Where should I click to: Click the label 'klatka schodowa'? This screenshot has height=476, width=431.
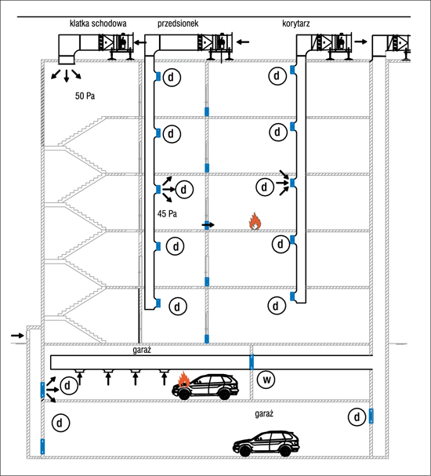click(98, 24)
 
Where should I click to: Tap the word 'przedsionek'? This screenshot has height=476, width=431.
click(178, 24)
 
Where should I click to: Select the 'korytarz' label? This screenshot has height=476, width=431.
click(296, 24)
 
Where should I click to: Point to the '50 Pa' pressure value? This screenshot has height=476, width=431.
click(85, 96)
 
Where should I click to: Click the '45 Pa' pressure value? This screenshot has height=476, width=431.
click(167, 214)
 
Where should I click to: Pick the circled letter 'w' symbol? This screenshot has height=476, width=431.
click(266, 380)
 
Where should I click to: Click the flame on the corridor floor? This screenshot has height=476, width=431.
click(255, 220)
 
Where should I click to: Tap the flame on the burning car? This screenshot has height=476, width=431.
click(184, 380)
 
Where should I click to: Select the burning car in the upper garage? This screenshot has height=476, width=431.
click(205, 387)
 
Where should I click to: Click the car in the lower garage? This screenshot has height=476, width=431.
click(266, 444)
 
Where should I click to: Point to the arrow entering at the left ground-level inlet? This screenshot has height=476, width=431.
click(17, 336)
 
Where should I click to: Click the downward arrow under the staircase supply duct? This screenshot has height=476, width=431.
click(67, 76)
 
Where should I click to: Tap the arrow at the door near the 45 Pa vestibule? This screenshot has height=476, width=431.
click(208, 225)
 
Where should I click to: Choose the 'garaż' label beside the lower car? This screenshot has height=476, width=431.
click(264, 414)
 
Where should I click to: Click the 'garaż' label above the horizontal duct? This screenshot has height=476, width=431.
click(142, 350)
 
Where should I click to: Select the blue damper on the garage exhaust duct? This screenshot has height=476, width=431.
click(252, 362)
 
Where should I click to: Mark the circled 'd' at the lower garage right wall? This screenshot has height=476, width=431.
click(357, 417)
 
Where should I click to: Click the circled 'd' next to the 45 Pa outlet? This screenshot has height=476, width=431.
click(184, 190)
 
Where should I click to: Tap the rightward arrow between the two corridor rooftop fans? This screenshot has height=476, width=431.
click(360, 42)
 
